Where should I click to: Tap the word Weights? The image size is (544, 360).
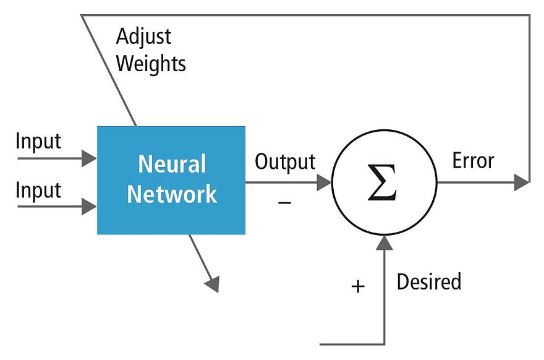coord(151,63)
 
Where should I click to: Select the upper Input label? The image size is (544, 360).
coord(38,141)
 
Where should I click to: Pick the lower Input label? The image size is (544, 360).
coord(38,190)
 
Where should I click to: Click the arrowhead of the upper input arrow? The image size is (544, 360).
coord(90,158)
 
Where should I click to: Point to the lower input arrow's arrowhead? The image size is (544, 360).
coord(90,207)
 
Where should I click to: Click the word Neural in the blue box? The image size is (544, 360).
coord(172,165)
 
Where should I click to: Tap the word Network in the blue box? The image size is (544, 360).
coord(172,194)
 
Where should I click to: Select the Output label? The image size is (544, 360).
coord(285,162)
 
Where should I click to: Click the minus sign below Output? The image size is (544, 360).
coord(284,202)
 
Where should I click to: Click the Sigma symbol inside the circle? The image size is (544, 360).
coord(383,183)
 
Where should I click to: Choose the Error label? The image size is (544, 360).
coord(473,161)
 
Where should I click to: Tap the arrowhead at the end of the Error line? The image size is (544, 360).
coord(522,182)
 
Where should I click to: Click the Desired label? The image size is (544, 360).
coord(428,282)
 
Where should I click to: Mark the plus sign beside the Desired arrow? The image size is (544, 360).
coord(358,286)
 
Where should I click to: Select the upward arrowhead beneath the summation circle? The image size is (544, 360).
coord(385,242)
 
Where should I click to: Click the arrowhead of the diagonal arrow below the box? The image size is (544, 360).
coord(212,284)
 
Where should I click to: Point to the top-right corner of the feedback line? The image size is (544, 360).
coord(530,15)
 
